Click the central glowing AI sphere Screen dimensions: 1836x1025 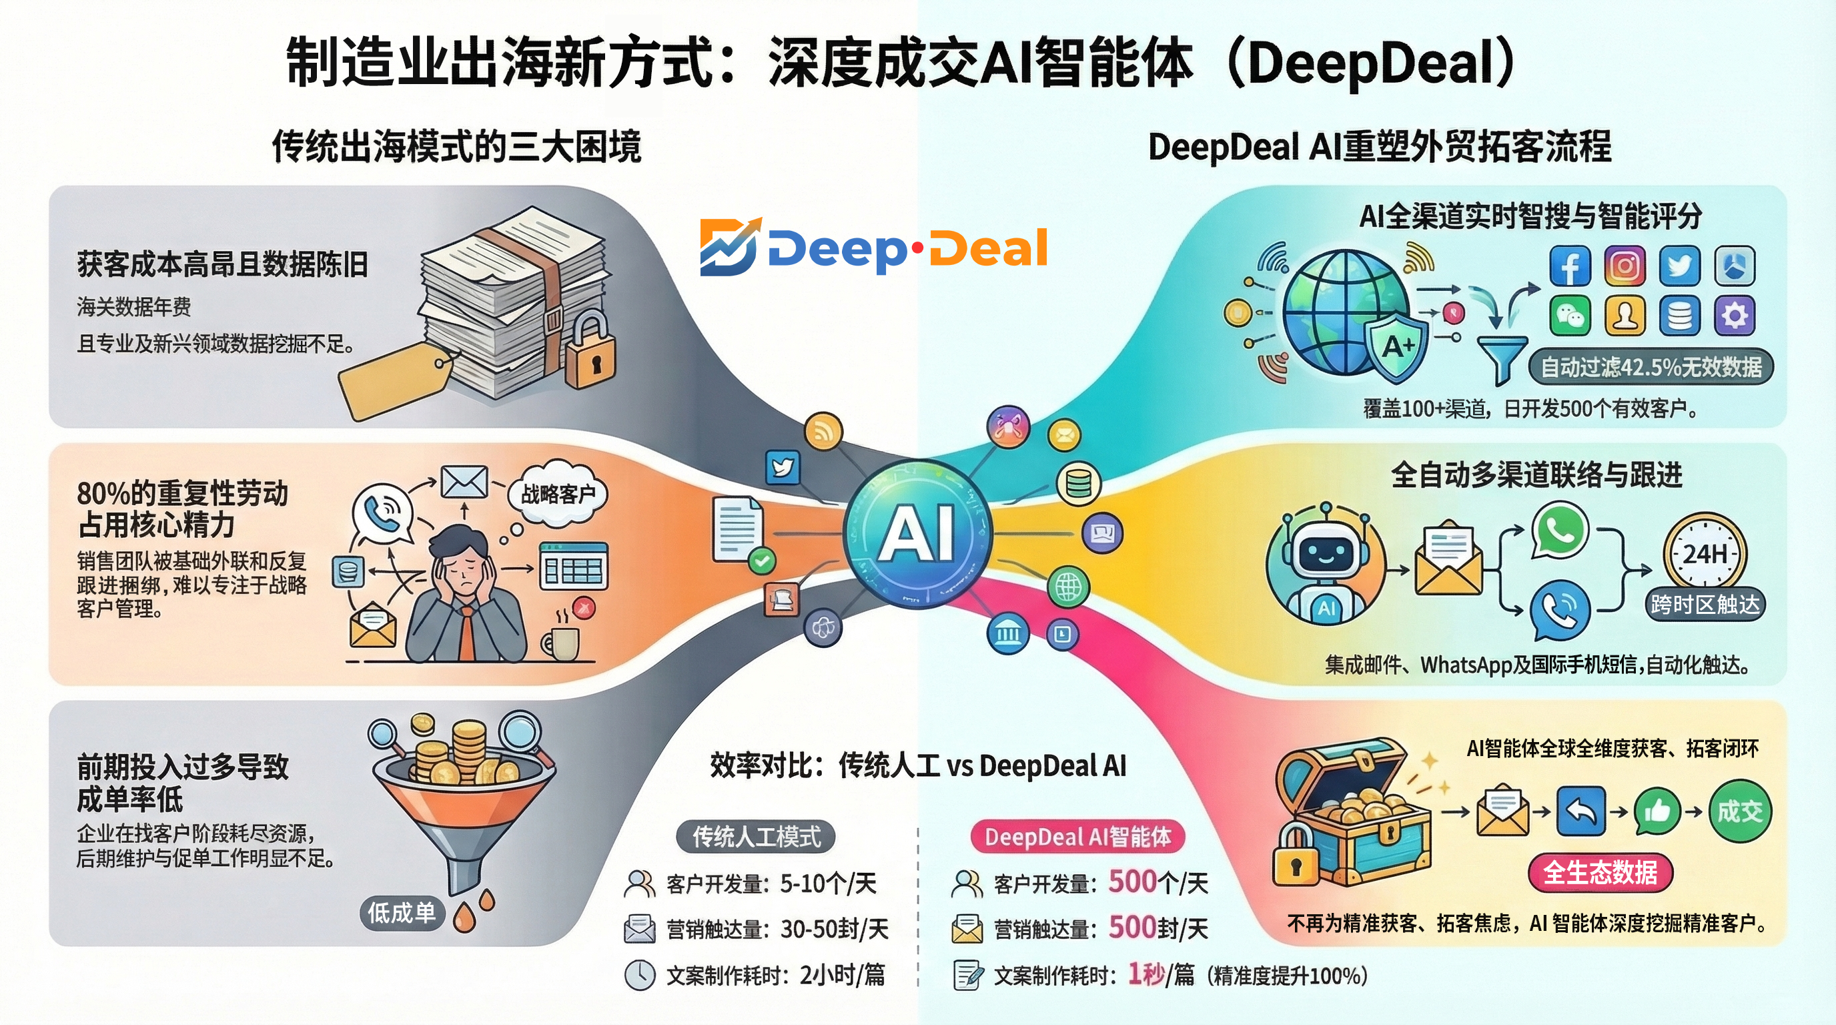[917, 534]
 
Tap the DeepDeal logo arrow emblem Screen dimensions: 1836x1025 [730, 247]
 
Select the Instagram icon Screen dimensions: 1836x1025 [1625, 266]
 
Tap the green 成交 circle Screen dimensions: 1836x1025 [1739, 811]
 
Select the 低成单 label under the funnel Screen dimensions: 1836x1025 [401, 913]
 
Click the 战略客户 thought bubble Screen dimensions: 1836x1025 [558, 494]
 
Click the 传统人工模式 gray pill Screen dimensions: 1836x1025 [756, 837]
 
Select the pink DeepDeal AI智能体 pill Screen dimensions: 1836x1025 [1077, 837]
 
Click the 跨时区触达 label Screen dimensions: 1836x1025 [1705, 605]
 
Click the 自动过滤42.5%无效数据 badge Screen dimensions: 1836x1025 [1651, 367]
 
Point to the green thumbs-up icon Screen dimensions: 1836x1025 [1658, 811]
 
